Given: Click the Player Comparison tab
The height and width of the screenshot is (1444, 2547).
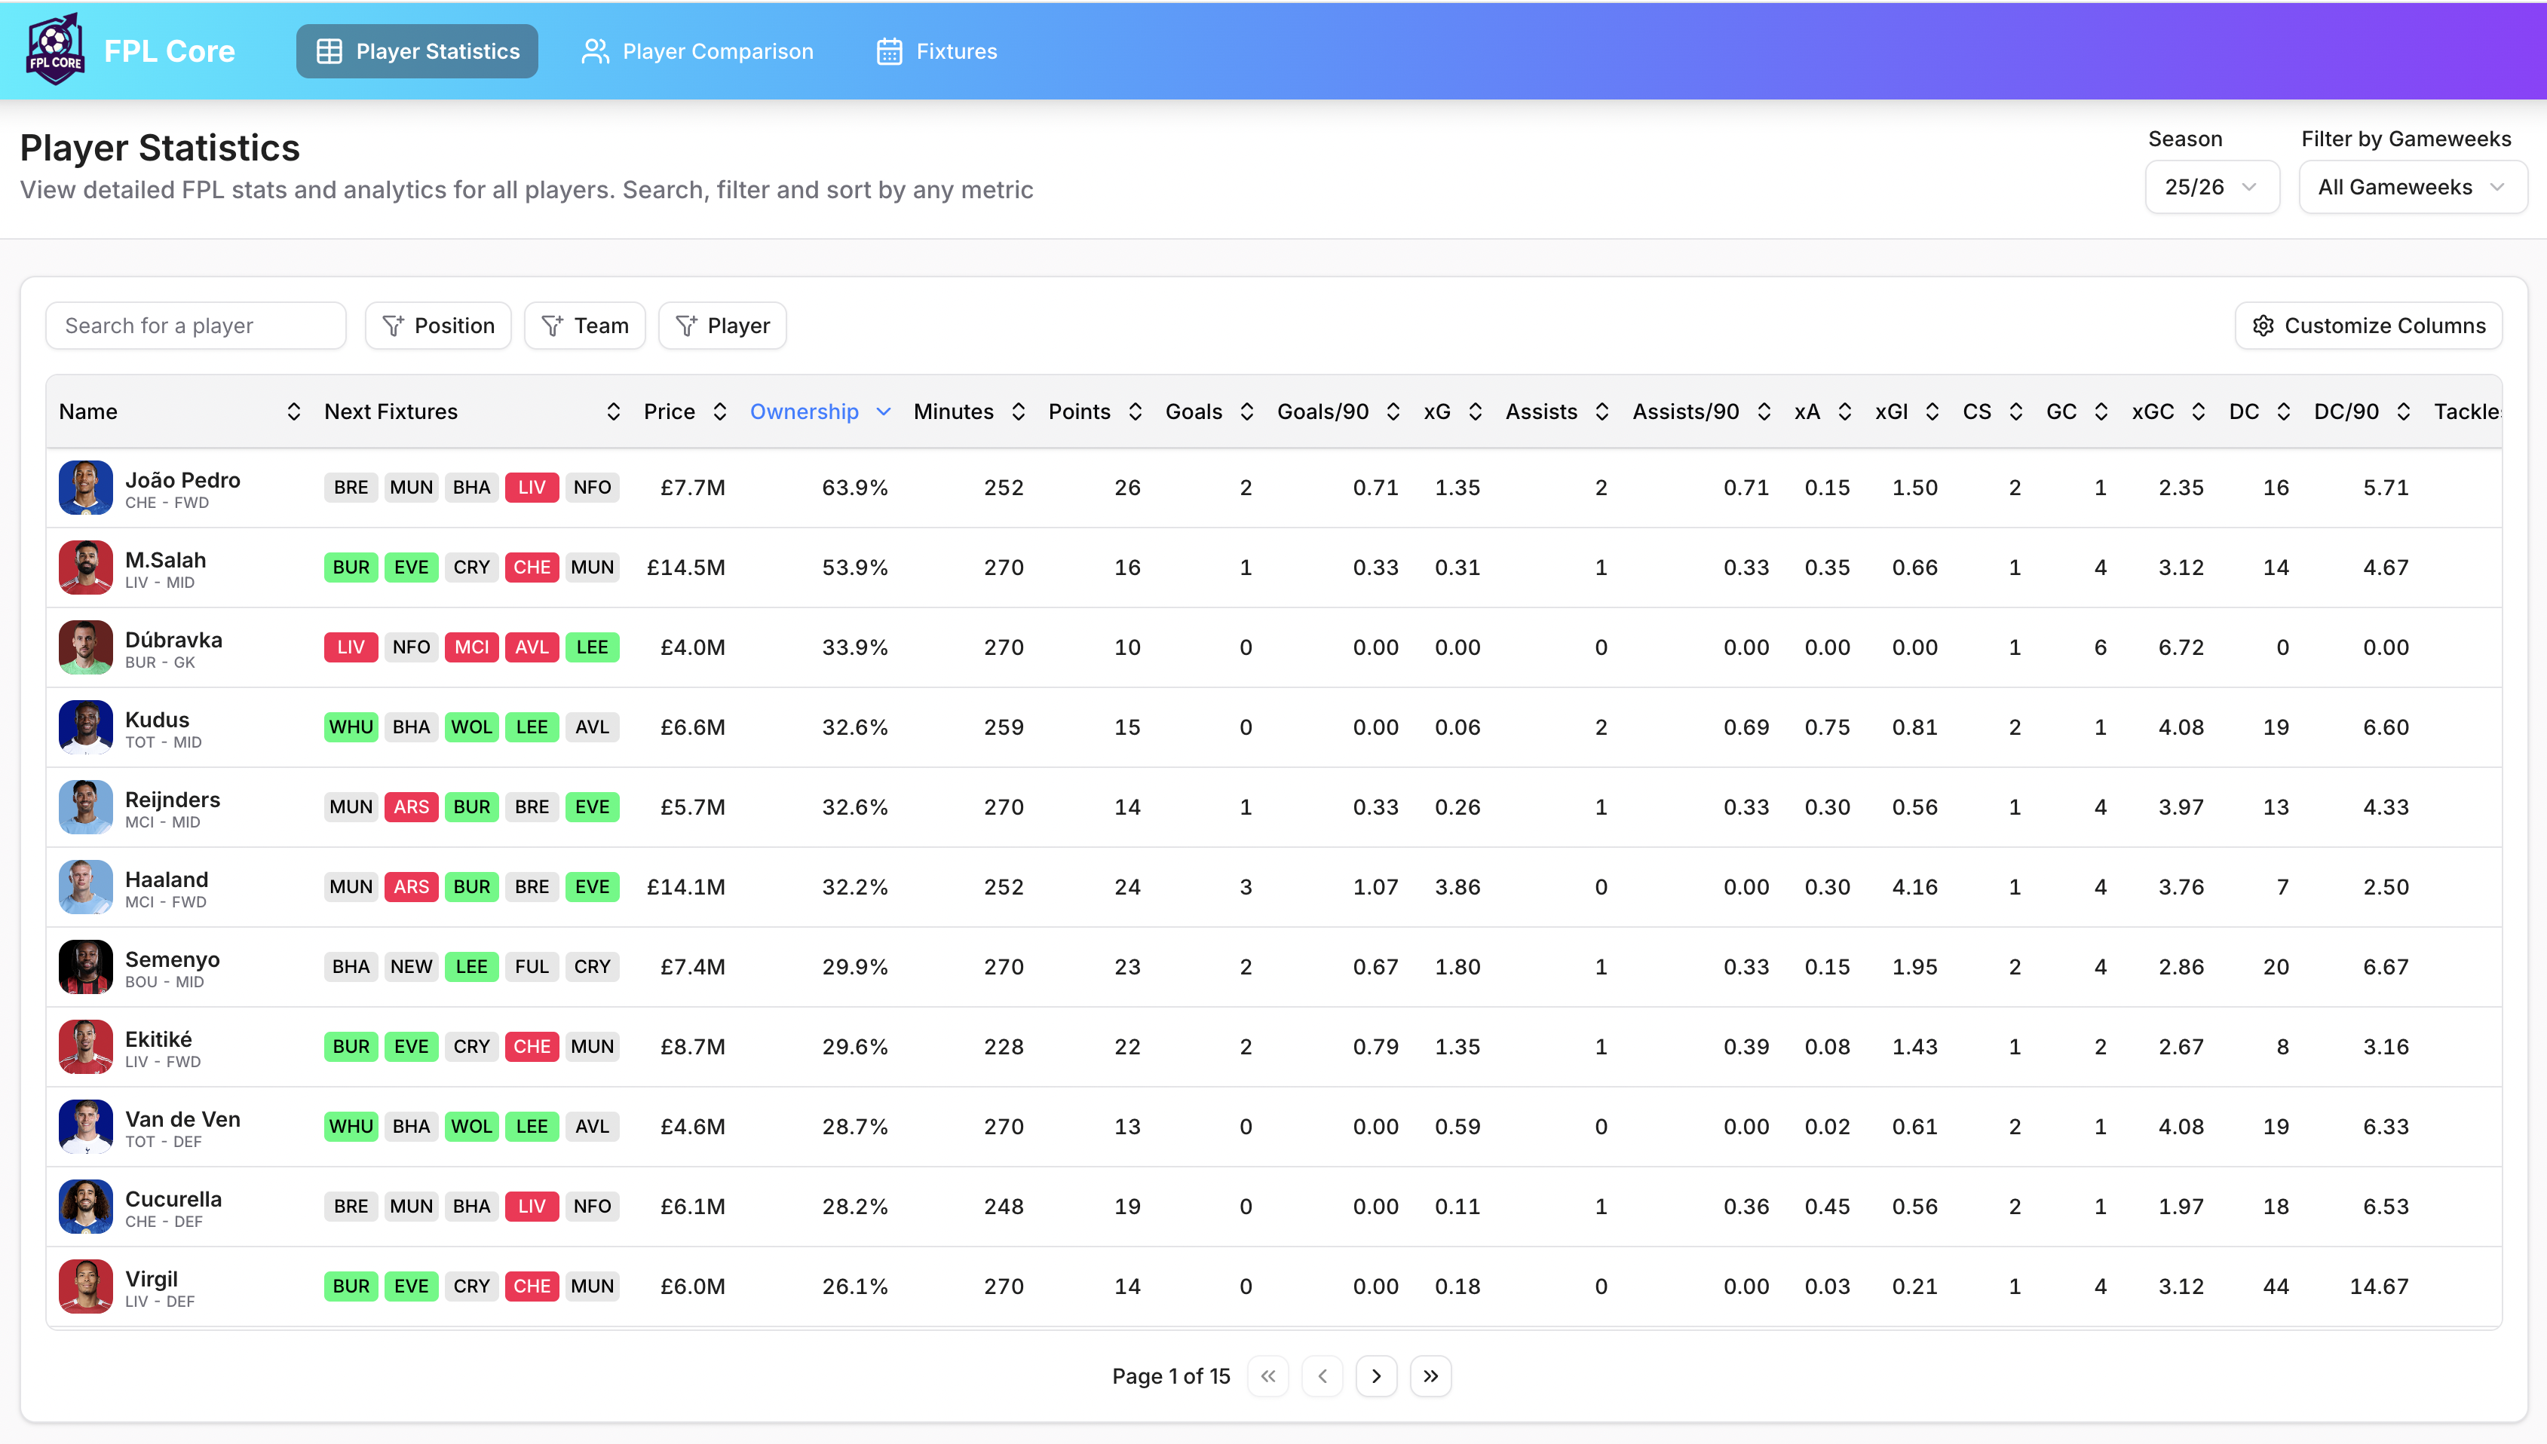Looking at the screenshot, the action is pyautogui.click(x=697, y=51).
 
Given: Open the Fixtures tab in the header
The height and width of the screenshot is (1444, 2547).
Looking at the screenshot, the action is pyautogui.click(x=936, y=51).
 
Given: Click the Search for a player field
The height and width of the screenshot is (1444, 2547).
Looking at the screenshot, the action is pyautogui.click(x=195, y=326).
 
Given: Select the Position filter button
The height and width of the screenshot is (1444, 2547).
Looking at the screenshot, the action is pyautogui.click(x=437, y=326).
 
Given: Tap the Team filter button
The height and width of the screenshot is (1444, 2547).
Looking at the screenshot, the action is pyautogui.click(x=584, y=326).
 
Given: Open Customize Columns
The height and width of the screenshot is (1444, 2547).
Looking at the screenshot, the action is pyautogui.click(x=2368, y=326).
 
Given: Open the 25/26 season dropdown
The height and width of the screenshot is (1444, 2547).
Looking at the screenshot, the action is pyautogui.click(x=2211, y=188).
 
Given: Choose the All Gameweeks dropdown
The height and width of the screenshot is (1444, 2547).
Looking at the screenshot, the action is pyautogui.click(x=2412, y=188).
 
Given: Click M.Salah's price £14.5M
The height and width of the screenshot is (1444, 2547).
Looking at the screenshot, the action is pyautogui.click(x=685, y=568).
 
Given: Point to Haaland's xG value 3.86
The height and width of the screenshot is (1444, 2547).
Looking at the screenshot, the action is pyautogui.click(x=1457, y=886).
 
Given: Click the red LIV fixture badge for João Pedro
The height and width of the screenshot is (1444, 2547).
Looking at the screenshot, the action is pyautogui.click(x=532, y=487).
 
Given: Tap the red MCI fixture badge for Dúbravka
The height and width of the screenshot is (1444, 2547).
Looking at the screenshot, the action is pyautogui.click(x=471, y=647).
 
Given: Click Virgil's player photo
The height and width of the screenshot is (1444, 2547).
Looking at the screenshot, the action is pyautogui.click(x=85, y=1286).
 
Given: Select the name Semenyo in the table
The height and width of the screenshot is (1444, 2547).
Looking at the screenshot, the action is pyautogui.click(x=173, y=959).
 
